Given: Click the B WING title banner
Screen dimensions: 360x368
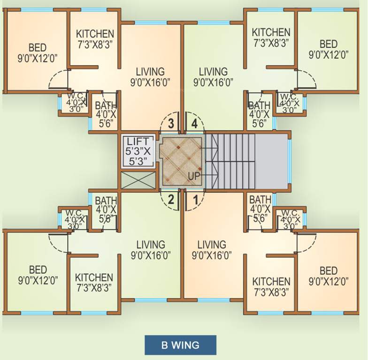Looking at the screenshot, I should [x=180, y=345].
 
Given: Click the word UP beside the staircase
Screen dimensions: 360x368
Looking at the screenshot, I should [x=194, y=176].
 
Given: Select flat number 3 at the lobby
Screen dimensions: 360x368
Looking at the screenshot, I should [x=171, y=124].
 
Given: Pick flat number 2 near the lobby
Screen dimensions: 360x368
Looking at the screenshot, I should [x=171, y=199].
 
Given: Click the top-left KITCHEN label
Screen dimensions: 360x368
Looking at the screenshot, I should [x=95, y=38].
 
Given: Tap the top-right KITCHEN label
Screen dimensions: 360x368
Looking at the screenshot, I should [x=271, y=37].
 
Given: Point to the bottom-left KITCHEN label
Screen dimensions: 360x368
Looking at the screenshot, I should [x=94, y=282].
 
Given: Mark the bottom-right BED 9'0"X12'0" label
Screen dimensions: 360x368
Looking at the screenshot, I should [x=329, y=276].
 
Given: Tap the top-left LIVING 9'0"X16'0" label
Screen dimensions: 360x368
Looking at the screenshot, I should [x=150, y=77].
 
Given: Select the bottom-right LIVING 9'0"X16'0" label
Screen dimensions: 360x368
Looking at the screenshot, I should [x=212, y=250].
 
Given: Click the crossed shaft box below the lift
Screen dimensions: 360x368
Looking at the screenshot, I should [x=138, y=180].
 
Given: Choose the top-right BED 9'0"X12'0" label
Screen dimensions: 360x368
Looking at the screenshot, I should [x=329, y=49].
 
